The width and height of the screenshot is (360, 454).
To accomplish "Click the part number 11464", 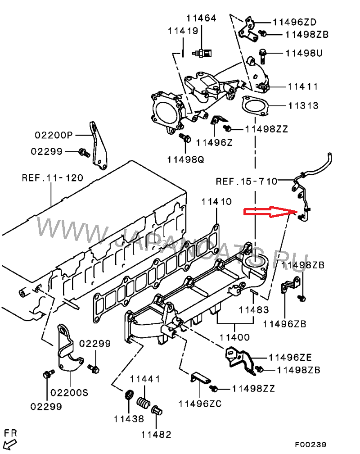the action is pyautogui.click(x=201, y=18).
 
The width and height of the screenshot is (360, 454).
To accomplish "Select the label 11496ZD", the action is pyautogui.click(x=295, y=22).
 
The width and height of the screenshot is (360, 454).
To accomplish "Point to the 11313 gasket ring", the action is pyautogui.click(x=255, y=106).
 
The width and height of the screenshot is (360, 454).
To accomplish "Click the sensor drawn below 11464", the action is pyautogui.click(x=202, y=53).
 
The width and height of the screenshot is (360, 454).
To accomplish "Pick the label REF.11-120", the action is pyautogui.click(x=53, y=178).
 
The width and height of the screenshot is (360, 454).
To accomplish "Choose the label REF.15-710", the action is pyautogui.click(x=247, y=182).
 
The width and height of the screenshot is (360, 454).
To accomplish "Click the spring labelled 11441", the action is pyautogui.click(x=143, y=402).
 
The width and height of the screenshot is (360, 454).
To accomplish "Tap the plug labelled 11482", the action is pyautogui.click(x=157, y=410).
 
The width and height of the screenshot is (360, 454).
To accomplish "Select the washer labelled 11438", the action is pyautogui.click(x=129, y=395).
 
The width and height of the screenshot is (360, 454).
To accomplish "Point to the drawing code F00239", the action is pyautogui.click(x=310, y=445).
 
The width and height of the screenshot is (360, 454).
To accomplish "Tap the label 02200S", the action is pyautogui.click(x=69, y=393).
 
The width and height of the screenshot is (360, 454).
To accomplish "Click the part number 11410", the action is pyautogui.click(x=216, y=201).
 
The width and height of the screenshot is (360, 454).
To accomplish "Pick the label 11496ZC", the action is pyautogui.click(x=200, y=404).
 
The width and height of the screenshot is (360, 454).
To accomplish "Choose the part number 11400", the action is pyautogui.click(x=234, y=337).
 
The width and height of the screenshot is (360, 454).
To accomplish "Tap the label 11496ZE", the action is pyautogui.click(x=290, y=358).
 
